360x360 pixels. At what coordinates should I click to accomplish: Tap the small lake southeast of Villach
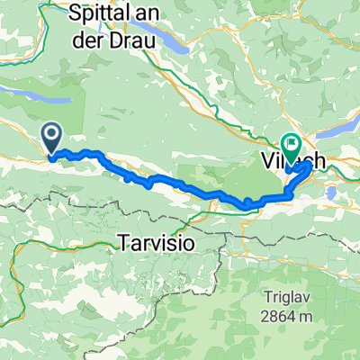pos(332,192)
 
